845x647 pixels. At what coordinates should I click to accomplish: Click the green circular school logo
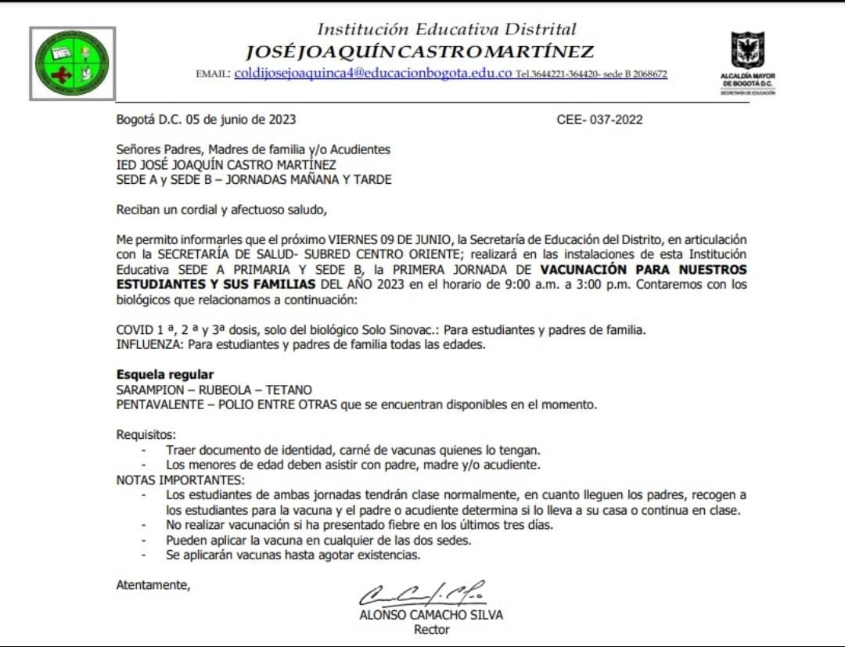[x=73, y=63]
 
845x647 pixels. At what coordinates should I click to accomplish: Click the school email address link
[x=373, y=74]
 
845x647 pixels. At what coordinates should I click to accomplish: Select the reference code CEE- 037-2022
[x=599, y=120]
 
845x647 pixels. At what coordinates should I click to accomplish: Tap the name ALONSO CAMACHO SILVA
[x=430, y=614]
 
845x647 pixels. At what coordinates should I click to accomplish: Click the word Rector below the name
[x=431, y=629]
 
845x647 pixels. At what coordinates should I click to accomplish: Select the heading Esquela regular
[x=165, y=375]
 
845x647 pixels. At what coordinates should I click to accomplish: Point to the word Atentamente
[x=153, y=584]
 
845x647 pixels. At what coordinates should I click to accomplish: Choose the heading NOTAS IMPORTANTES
[x=180, y=480]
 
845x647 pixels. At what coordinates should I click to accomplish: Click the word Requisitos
[x=146, y=434]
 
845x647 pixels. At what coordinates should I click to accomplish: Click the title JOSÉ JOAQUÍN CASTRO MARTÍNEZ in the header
[x=419, y=52]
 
